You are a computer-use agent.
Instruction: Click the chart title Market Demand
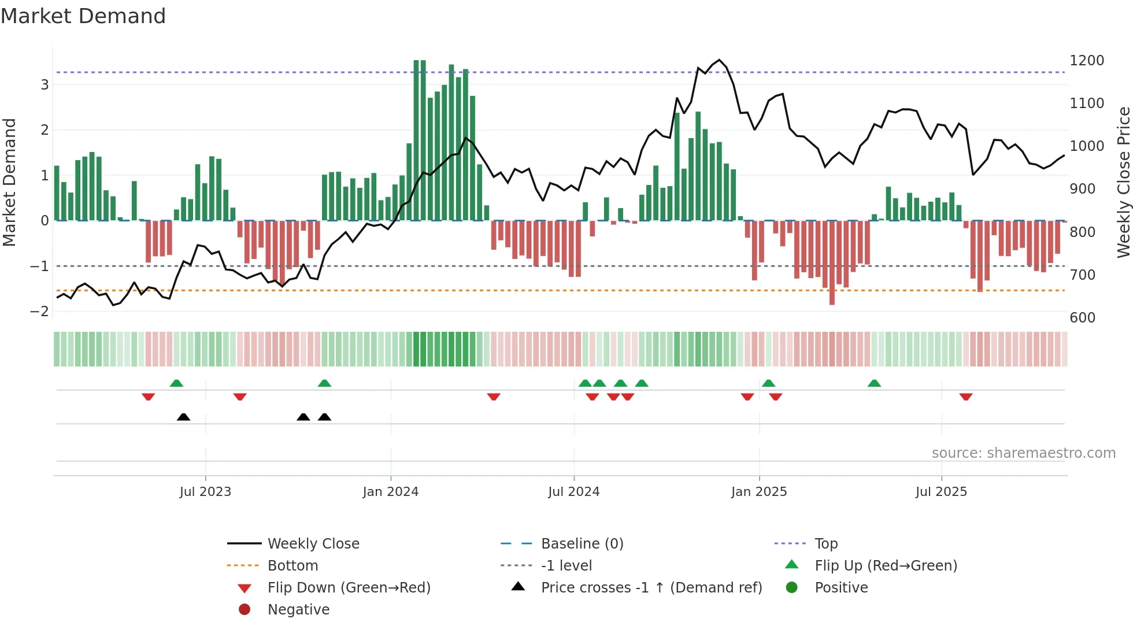point(83,16)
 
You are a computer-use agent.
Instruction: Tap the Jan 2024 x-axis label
point(390,491)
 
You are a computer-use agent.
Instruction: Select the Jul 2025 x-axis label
point(941,491)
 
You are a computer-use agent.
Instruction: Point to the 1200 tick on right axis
point(1086,61)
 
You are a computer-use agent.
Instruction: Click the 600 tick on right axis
point(1082,317)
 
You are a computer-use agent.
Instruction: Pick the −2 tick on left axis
point(39,311)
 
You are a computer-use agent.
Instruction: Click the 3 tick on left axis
point(45,85)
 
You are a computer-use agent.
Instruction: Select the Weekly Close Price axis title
point(1123,182)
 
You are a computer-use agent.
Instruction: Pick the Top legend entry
point(825,543)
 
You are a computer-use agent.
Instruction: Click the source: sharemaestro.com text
point(1023,453)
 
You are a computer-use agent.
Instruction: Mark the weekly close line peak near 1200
point(719,60)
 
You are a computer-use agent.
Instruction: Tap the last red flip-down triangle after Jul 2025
point(965,397)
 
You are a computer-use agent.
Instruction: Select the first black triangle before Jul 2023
point(183,417)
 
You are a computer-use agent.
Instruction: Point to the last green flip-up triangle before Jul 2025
point(874,383)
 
